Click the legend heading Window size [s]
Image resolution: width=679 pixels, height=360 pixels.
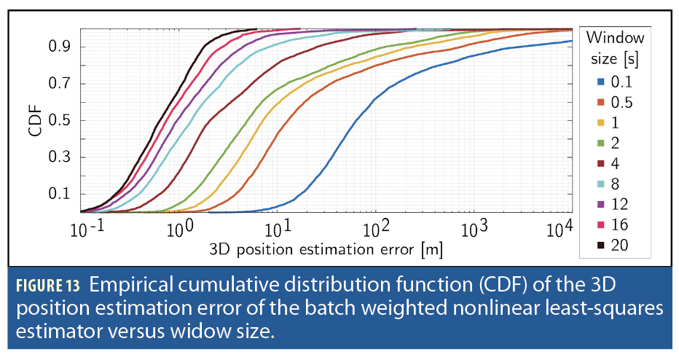pos(615,47)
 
